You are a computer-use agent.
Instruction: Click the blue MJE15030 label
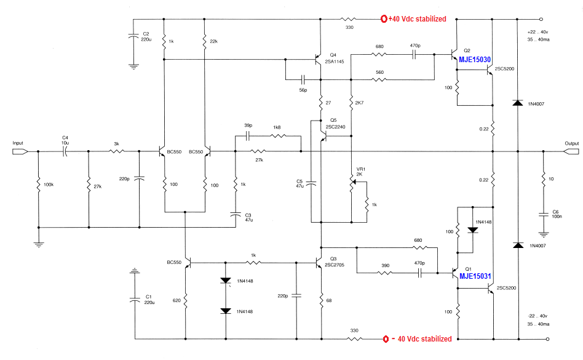click(x=475, y=60)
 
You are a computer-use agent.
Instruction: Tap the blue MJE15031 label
click(x=475, y=276)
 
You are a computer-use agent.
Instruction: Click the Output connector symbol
click(x=571, y=151)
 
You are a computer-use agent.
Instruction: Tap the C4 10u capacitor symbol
click(x=65, y=151)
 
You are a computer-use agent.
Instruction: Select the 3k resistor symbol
click(x=116, y=151)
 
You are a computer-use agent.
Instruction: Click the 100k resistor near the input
click(x=38, y=185)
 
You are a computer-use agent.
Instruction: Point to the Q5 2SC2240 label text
click(x=335, y=124)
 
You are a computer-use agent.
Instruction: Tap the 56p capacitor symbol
click(x=303, y=79)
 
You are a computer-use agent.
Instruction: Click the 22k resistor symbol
click(x=204, y=41)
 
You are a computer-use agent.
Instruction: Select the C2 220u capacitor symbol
click(x=133, y=37)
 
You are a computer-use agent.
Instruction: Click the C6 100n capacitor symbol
click(x=544, y=215)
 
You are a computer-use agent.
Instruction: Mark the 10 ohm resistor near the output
click(x=543, y=179)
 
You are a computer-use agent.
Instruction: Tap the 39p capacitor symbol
click(x=248, y=136)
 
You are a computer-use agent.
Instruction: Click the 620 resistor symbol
click(x=186, y=300)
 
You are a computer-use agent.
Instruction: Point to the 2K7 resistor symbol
click(x=351, y=103)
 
